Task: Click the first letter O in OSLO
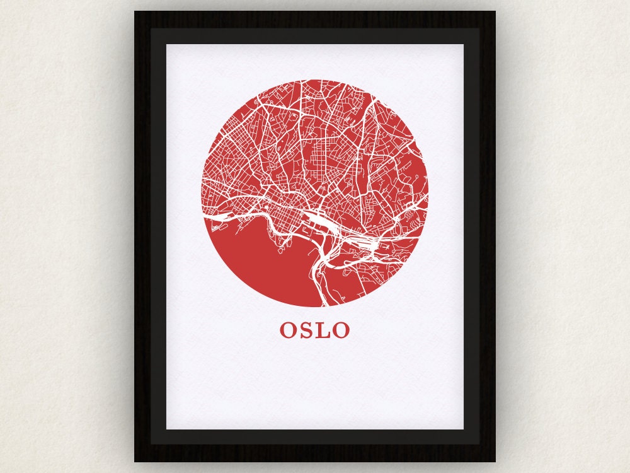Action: coord(289,330)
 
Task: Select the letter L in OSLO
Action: coord(323,330)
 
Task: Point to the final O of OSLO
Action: coord(341,330)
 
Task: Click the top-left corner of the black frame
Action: coord(135,12)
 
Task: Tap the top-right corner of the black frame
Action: coord(495,12)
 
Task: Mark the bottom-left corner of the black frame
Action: coord(135,461)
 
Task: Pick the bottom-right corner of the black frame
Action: coord(495,461)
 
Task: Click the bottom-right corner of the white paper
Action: coord(463,429)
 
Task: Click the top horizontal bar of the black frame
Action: coord(315,19)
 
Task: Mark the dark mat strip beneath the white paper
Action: coord(315,436)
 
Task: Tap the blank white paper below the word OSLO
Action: coord(315,385)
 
